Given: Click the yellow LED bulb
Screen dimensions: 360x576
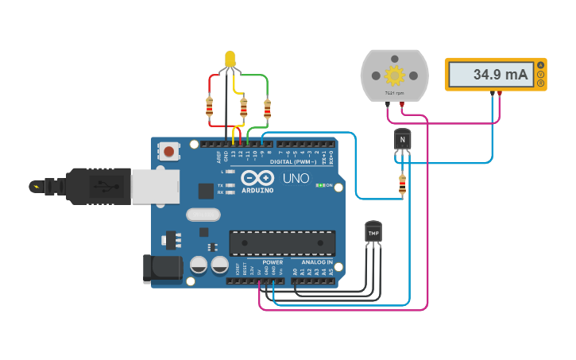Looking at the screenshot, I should (x=230, y=58).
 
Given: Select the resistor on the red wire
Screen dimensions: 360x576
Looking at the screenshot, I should (x=210, y=106).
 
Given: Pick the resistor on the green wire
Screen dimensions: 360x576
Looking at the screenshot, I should (x=267, y=108).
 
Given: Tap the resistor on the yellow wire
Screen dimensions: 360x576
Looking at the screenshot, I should (x=243, y=107).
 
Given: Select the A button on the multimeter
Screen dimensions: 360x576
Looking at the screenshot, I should (x=541, y=64).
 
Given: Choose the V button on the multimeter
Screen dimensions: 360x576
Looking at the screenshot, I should (x=541, y=74).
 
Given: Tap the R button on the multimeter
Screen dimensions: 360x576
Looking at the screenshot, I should (x=541, y=83).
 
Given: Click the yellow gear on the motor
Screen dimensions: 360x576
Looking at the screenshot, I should (x=394, y=75).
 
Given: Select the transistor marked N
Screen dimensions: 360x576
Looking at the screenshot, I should (x=403, y=140).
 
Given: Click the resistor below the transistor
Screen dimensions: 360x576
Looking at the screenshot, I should (x=402, y=184).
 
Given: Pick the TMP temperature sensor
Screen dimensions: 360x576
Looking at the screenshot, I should (x=373, y=231).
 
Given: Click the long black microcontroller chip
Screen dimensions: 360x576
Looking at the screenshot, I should (x=282, y=242).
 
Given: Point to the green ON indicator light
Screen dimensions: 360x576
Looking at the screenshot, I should (x=319, y=185).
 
